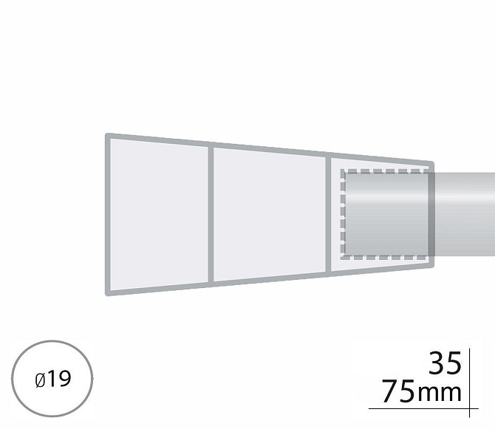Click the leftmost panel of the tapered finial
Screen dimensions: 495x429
click(159, 214)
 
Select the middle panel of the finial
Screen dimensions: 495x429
click(269, 214)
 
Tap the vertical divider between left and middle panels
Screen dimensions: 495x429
click(211, 214)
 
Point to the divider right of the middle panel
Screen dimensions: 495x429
click(328, 214)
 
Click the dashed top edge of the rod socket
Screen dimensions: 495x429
click(384, 171)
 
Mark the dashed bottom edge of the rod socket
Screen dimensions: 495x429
click(384, 258)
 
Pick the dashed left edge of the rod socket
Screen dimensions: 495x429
click(343, 214)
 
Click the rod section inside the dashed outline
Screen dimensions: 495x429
click(386, 214)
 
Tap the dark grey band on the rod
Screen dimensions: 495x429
click(431, 214)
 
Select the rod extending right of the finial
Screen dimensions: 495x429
click(465, 214)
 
